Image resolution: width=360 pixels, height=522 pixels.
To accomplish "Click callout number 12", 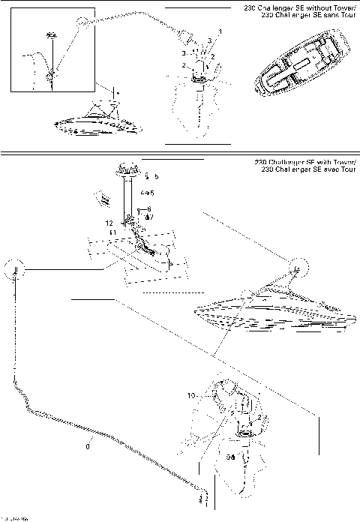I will pos(109,223).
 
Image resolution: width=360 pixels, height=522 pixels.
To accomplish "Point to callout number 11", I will pos(113,233).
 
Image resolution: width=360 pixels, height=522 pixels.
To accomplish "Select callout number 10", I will pos(191,394).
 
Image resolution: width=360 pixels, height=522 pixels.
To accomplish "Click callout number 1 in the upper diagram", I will pos(220,31).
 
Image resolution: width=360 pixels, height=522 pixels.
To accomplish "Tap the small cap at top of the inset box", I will pos(52,35).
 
